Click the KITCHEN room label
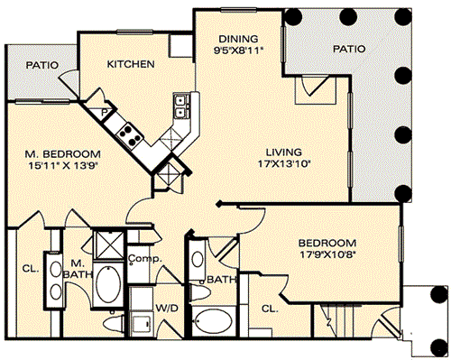(131, 64)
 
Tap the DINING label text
(238, 39)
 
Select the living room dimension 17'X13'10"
(284, 164)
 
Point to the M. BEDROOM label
(62, 154)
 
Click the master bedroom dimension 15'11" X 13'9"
(63, 165)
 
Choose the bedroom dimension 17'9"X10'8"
(328, 254)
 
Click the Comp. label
(145, 258)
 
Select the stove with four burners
(129, 135)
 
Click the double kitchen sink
(181, 106)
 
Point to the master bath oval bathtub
(108, 284)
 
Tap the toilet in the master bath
(114, 323)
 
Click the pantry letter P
(104, 113)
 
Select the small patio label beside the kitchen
(41, 65)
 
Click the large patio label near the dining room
(349, 49)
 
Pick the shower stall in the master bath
(109, 245)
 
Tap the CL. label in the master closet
(31, 268)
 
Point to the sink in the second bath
(198, 259)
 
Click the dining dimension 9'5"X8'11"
(238, 50)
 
